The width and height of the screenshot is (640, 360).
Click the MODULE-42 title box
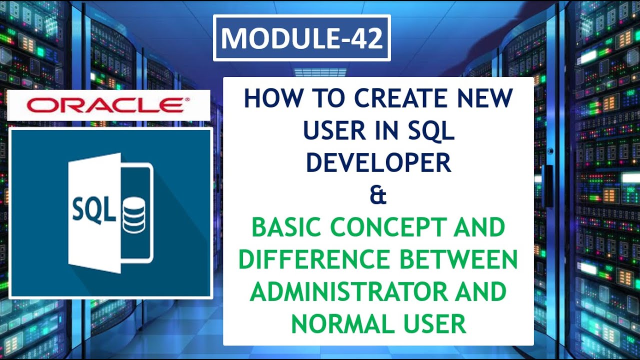click(x=301, y=38)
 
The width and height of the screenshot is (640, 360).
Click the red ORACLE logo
click(x=105, y=105)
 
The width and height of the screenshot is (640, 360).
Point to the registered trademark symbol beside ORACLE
click(x=187, y=100)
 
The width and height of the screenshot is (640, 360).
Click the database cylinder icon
click(x=133, y=214)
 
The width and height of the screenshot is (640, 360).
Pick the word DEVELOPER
click(x=378, y=162)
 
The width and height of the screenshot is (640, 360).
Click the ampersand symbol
click(x=378, y=195)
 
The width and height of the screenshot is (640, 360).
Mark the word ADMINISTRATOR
click(x=352, y=292)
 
